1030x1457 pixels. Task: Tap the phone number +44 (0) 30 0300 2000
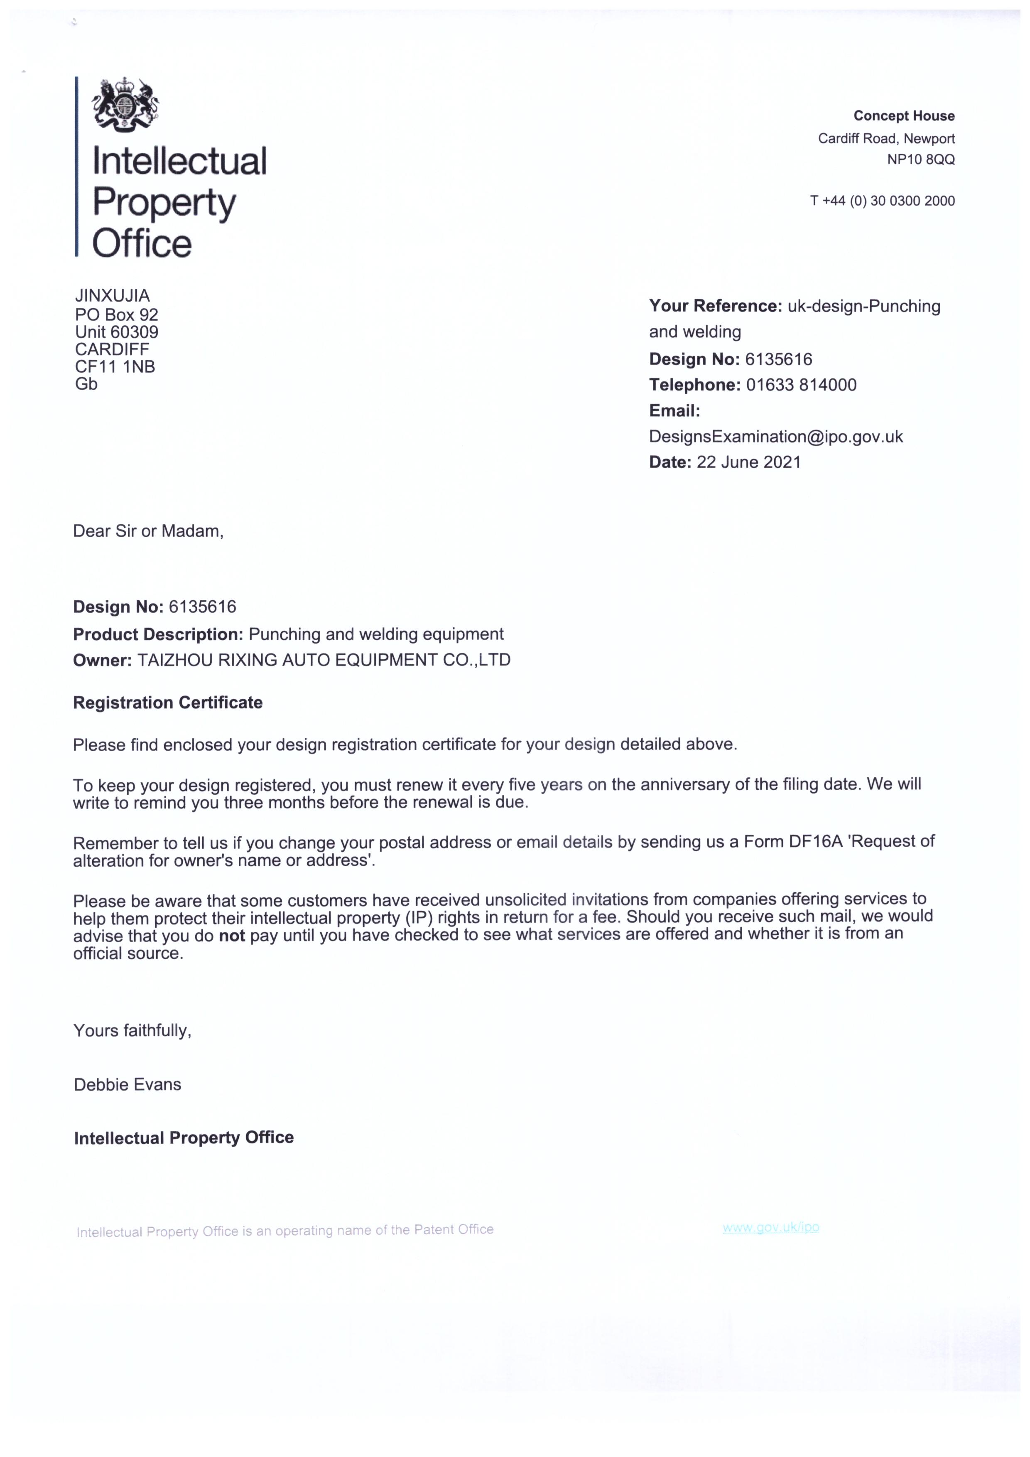coord(888,201)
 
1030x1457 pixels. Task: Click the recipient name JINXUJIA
coord(112,296)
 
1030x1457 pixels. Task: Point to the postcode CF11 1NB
coord(115,367)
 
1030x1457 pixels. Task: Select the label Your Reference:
coord(715,307)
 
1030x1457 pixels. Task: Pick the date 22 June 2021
coord(748,462)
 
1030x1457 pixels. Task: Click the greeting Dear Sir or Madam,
coord(148,531)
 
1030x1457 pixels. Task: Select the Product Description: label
coord(158,634)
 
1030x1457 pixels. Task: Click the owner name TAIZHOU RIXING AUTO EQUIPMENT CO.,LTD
coord(324,661)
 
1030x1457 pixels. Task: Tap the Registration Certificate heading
coord(167,703)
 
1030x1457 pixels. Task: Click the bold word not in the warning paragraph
coord(231,935)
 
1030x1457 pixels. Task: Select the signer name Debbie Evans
coord(128,1084)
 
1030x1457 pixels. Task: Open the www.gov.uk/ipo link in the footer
coord(770,1227)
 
